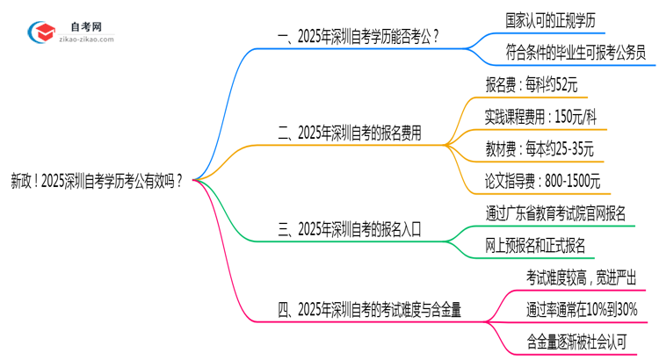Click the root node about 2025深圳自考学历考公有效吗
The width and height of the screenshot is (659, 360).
tap(97, 183)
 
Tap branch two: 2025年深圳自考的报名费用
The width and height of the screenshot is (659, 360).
tap(349, 133)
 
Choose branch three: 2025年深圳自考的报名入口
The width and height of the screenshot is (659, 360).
tap(349, 230)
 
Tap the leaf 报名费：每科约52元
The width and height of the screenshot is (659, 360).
tap(532, 85)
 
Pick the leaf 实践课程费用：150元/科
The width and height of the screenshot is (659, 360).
tap(541, 117)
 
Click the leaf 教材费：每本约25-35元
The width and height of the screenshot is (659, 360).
tap(540, 148)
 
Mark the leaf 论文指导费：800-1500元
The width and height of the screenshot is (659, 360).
tap(543, 181)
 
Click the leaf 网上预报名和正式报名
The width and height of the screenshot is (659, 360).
tap(535, 245)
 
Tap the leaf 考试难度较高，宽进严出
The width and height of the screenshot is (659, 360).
tap(581, 277)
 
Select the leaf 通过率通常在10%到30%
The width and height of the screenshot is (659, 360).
tap(582, 309)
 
